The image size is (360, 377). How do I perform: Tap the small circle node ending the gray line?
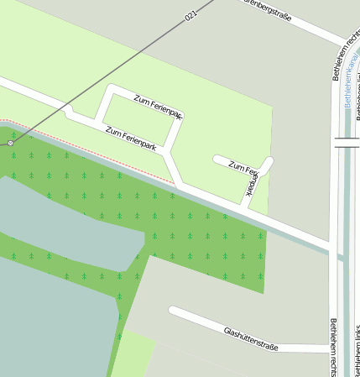10,144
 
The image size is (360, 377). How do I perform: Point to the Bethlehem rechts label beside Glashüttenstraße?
334,346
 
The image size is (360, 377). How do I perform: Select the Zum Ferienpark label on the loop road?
158,107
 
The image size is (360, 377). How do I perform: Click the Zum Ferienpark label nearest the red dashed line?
131,139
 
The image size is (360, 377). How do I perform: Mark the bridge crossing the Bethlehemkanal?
347,142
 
